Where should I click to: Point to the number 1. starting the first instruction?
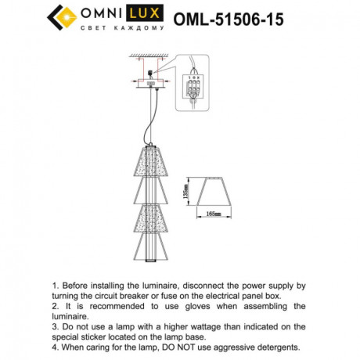(55, 287)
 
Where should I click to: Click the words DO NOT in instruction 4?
(194, 345)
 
